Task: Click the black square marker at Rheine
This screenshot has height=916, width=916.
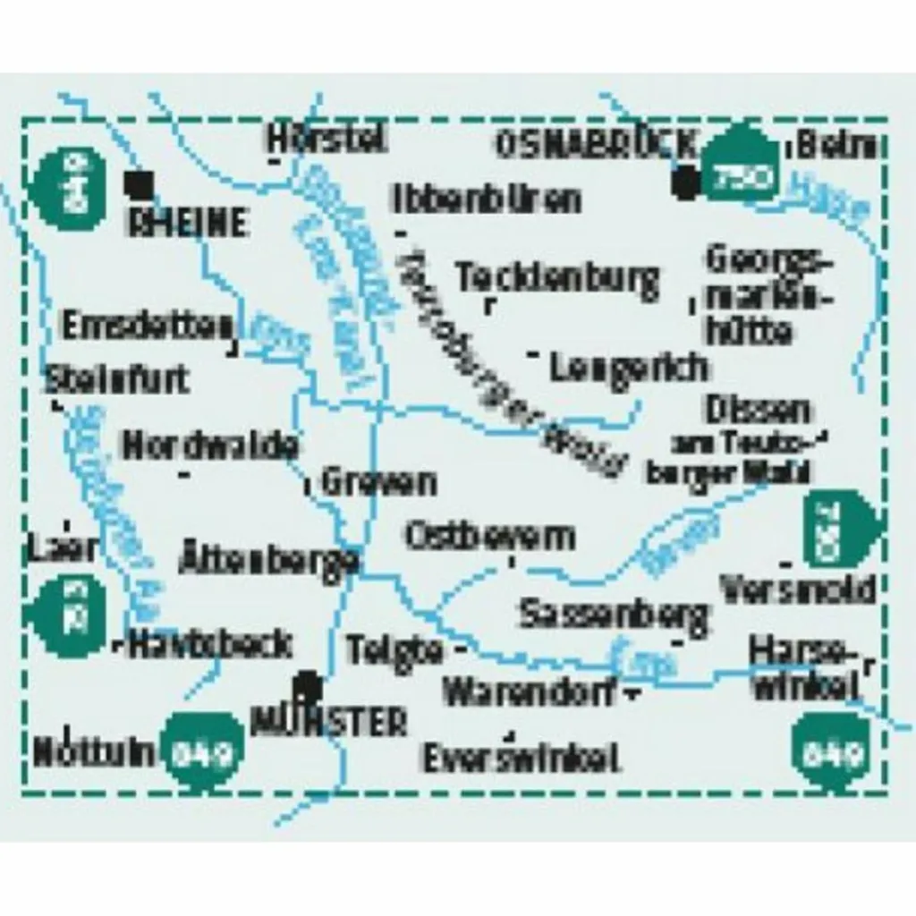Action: tap(140, 185)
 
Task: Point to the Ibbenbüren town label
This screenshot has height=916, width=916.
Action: tap(487, 199)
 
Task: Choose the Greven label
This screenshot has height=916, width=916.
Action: tap(379, 482)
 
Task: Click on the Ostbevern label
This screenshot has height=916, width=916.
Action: tap(489, 537)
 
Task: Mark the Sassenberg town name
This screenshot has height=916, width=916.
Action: tap(613, 615)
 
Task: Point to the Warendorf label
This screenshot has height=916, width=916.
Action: tap(530, 692)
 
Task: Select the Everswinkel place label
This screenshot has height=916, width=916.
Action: tap(521, 759)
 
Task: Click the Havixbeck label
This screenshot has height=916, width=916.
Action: tap(209, 643)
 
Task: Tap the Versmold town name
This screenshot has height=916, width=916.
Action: tap(797, 589)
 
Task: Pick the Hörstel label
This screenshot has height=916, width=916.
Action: tap(327, 138)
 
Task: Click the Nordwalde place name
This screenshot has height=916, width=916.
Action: tap(209, 445)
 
